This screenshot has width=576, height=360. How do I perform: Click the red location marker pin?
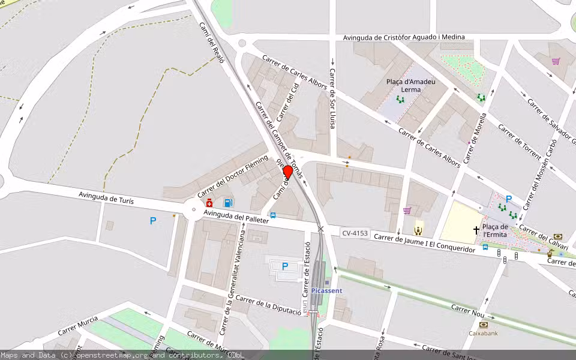coord(287,172)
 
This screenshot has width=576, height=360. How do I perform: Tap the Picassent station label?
coord(327,291)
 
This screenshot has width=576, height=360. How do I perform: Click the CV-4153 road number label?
coord(355,233)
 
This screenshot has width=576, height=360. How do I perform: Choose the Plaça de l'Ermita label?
coord(496,230)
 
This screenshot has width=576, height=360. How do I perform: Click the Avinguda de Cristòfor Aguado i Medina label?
coord(404,37)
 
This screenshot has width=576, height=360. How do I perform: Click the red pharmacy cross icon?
coord(209,203)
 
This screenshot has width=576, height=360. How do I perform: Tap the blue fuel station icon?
coord(229,203)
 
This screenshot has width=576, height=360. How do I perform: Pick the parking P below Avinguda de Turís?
coord(153,221)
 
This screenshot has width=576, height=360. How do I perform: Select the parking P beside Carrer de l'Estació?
coord(285,266)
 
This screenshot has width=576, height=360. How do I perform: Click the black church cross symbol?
coord(477,230)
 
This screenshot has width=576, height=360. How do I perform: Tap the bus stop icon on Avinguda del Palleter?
coord(273,215)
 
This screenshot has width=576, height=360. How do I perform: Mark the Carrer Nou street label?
coord(468,310)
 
